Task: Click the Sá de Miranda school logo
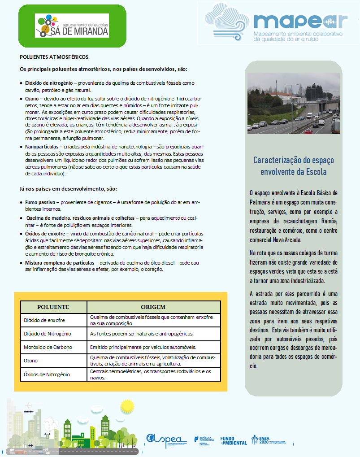coord(72,26)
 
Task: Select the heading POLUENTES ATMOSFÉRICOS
coord(54,57)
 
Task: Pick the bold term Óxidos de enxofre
coord(44,234)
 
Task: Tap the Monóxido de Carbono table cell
coord(48,347)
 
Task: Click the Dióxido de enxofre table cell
coord(44,320)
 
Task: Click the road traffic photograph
coord(294,104)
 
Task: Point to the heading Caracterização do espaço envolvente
coord(294,165)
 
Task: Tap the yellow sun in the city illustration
coord(128,406)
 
